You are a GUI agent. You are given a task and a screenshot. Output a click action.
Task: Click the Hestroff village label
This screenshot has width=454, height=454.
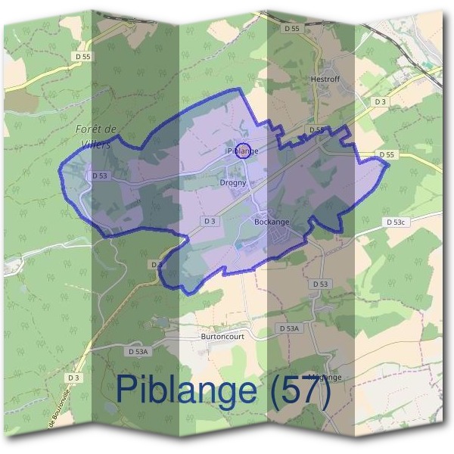(327, 78)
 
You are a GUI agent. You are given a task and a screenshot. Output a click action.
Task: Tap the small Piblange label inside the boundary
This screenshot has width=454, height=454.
(243, 151)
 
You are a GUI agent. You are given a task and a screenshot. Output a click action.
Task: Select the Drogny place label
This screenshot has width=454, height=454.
(233, 182)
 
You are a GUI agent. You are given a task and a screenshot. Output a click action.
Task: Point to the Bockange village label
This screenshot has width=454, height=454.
(272, 222)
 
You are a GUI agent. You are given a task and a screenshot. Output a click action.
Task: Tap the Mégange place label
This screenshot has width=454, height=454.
(326, 377)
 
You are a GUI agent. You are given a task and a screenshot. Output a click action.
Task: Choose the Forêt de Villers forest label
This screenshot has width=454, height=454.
(95, 135)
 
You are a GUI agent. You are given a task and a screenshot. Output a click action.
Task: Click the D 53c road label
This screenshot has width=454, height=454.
(396, 222)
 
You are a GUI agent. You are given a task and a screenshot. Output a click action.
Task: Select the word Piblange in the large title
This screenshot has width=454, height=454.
(185, 391)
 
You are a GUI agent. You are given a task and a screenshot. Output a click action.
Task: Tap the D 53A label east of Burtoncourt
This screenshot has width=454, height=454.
(289, 328)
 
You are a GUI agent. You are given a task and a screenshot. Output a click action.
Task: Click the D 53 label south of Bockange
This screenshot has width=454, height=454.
(321, 284)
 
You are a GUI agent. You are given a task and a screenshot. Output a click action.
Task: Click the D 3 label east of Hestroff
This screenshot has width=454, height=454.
(380, 101)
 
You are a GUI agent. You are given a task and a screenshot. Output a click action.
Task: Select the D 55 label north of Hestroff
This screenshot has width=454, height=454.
(294, 28)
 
